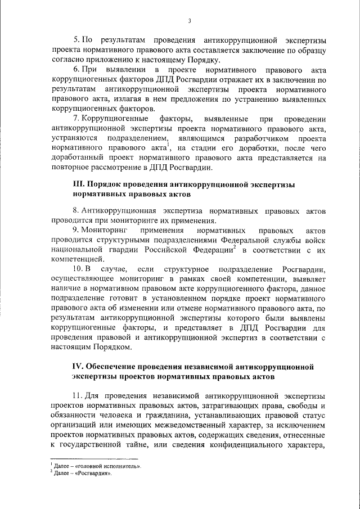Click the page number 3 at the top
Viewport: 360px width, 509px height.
click(x=190, y=21)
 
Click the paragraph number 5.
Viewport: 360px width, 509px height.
click(x=78, y=40)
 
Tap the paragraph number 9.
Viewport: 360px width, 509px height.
click(x=78, y=231)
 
